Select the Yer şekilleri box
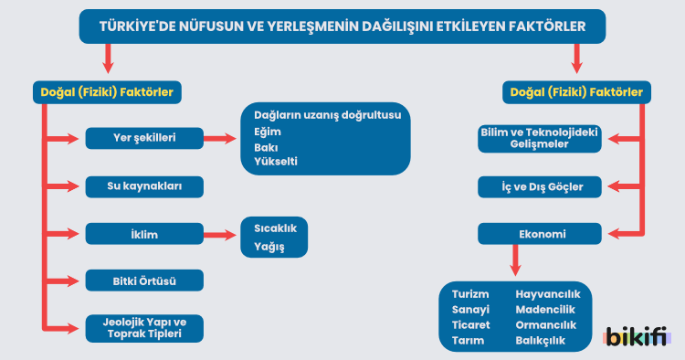point(143,139)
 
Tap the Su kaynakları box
point(143,187)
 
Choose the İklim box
point(143,235)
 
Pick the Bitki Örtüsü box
point(143,281)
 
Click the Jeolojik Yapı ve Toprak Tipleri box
point(143,328)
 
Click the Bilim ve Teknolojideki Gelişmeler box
point(538,138)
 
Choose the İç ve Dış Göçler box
point(538,187)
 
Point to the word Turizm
point(470,294)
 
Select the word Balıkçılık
point(541,341)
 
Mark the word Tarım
point(467,341)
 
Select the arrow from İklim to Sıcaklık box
point(221,235)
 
